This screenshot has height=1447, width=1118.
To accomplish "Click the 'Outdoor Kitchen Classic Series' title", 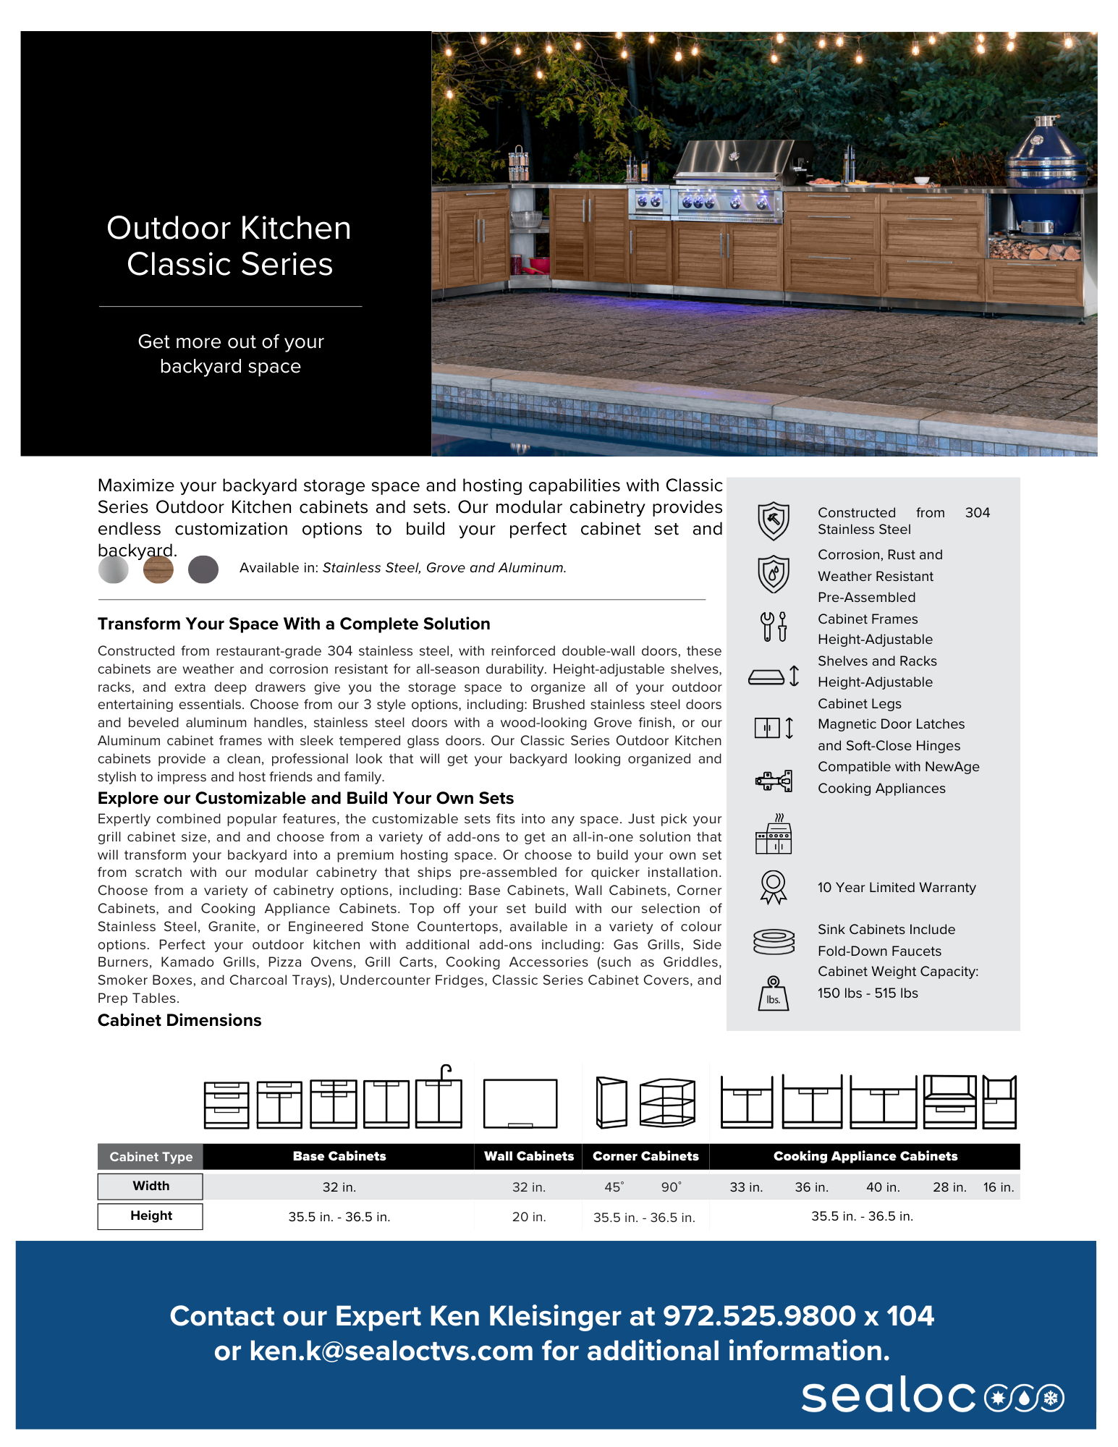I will [x=229, y=246].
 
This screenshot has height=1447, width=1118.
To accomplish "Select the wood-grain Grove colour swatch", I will [x=158, y=569].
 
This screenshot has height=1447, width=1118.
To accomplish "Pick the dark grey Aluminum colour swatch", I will [x=203, y=569].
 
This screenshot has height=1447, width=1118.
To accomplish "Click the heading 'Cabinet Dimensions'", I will [x=179, y=1020].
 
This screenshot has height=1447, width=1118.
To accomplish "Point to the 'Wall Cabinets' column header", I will [x=529, y=1156].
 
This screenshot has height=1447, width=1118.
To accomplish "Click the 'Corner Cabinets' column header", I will [x=645, y=1156].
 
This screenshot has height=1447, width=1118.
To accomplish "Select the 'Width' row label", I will [x=151, y=1186].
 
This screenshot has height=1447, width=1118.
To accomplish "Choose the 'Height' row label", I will [x=151, y=1215].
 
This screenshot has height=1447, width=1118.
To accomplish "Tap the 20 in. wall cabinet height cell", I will [x=529, y=1217].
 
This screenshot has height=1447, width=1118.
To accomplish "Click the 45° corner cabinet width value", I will [x=614, y=1187].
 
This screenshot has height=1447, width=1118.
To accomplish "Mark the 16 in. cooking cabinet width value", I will [x=999, y=1187].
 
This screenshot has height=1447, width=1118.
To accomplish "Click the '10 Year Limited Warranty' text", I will [x=897, y=888].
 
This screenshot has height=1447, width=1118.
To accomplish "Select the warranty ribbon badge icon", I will [x=774, y=887].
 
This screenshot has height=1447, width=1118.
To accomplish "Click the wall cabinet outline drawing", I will [x=520, y=1103].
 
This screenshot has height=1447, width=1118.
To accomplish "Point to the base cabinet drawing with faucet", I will [x=439, y=1098].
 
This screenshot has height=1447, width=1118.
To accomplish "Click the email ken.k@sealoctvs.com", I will [x=391, y=1351].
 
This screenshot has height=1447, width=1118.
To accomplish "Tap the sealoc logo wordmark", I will [x=889, y=1396].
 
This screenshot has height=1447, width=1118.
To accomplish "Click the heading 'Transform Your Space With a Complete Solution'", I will [x=294, y=624].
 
